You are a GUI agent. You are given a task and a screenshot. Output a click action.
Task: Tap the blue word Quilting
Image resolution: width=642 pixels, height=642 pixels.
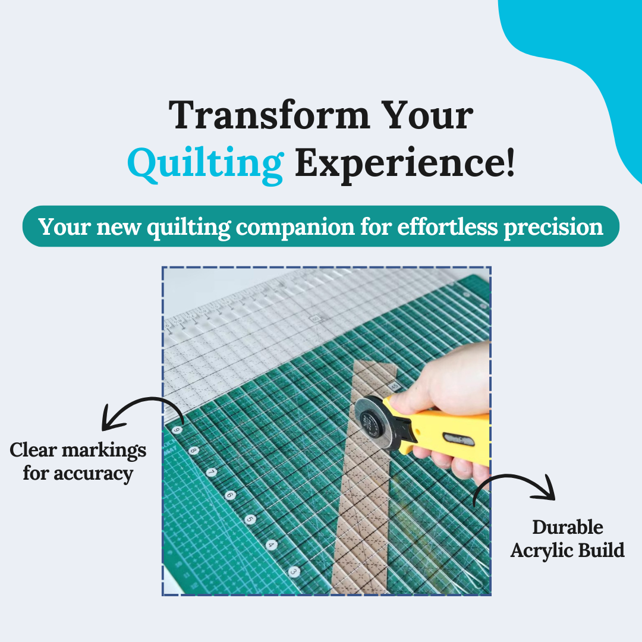click(205, 163)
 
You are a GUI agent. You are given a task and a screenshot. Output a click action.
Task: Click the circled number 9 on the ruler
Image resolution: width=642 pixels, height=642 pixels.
click(176, 430)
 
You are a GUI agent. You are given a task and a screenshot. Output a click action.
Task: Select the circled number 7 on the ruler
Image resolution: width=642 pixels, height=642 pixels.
click(212, 473)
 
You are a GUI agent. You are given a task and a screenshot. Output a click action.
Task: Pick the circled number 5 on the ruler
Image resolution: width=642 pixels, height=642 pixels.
click(250, 519)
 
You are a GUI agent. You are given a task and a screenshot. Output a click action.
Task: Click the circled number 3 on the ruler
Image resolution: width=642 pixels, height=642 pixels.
click(294, 571)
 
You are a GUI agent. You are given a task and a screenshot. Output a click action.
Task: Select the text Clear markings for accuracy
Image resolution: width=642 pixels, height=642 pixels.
click(78, 461)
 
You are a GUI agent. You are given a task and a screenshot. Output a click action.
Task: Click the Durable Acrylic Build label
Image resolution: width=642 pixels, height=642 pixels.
click(567, 539)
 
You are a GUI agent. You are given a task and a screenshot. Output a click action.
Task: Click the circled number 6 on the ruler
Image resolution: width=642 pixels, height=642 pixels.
click(230, 495)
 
